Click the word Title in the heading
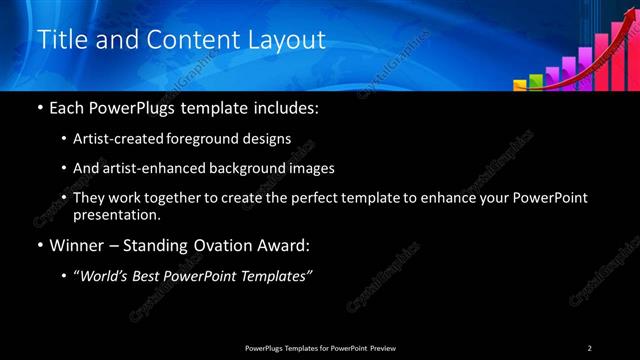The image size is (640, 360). click(59, 40)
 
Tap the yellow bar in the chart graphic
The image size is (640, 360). click(522, 83)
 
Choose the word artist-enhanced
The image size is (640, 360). click(146, 168)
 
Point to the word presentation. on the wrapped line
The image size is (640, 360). click(117, 215)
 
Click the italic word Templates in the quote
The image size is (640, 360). click(278, 275)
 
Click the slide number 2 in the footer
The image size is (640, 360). click(590, 347)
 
